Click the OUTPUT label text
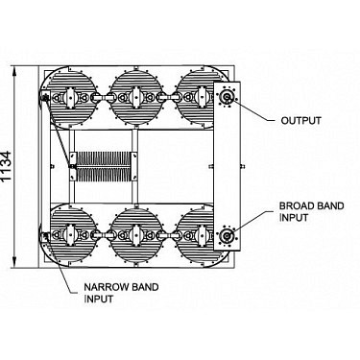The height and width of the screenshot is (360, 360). tap(300, 121)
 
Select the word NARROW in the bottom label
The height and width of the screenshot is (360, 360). tap(103, 287)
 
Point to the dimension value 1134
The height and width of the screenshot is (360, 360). tap(7, 167)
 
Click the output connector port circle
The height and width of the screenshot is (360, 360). tap(228, 96)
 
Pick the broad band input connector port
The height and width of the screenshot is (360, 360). tap(227, 235)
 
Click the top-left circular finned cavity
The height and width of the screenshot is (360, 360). tap(71, 97)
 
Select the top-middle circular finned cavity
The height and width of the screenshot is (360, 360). tap(136, 97)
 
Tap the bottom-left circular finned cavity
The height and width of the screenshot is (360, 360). tap(71, 235)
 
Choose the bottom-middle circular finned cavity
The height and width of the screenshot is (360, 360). tap(136, 235)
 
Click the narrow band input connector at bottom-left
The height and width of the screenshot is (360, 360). tap(44, 236)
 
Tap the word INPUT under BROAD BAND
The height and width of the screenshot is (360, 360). tap(294, 218)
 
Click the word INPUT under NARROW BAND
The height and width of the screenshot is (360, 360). tap(99, 299)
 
